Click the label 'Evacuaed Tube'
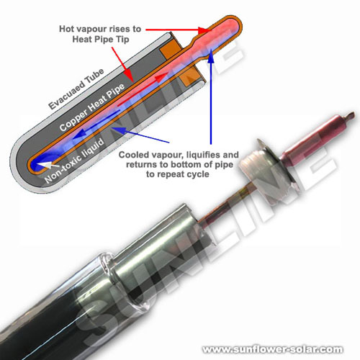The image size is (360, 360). click(x=76, y=89)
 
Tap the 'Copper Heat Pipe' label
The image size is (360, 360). click(x=92, y=107)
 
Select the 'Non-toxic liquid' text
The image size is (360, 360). click(x=74, y=161)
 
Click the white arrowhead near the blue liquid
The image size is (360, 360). click(x=50, y=165)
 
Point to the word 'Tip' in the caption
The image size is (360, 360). click(x=123, y=39)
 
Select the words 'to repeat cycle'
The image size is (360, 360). click(x=178, y=174)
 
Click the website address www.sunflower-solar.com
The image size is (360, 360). click(x=273, y=349)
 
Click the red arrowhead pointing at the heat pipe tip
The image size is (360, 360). click(x=204, y=30)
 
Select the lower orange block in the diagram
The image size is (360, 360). click(x=192, y=77)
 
